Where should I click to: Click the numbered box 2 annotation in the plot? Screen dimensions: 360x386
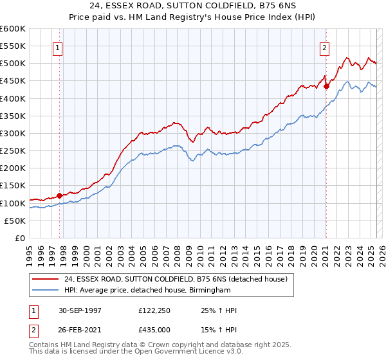click(x=325, y=48)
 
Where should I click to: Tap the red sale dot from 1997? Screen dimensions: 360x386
click(x=60, y=195)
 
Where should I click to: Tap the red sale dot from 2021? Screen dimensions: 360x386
click(x=326, y=86)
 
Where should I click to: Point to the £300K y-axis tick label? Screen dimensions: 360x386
click(x=13, y=133)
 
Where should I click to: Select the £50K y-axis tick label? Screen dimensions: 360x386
click(x=15, y=221)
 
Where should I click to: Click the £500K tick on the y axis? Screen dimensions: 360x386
click(x=13, y=64)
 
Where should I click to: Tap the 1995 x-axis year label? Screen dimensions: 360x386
click(x=30, y=251)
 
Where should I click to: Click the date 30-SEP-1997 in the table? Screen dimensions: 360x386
click(x=78, y=311)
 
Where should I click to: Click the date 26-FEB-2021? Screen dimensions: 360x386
click(x=78, y=330)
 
